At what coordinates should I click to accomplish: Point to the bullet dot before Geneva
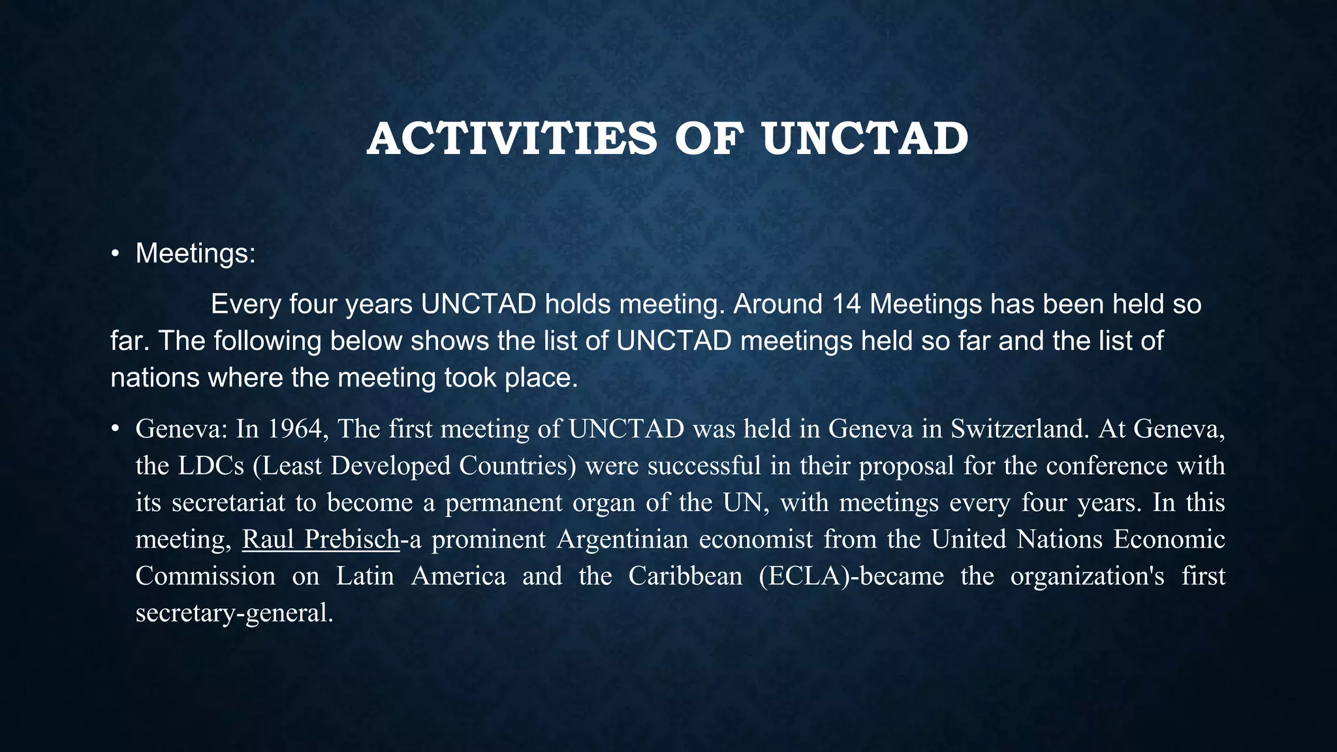(x=115, y=429)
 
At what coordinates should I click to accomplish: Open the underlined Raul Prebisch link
(x=321, y=539)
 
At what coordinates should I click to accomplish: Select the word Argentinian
(x=623, y=539)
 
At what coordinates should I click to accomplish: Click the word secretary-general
(x=234, y=613)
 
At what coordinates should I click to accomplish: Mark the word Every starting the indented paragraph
(x=245, y=304)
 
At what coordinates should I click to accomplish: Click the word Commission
(x=206, y=576)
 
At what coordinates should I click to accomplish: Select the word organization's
(x=1087, y=576)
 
